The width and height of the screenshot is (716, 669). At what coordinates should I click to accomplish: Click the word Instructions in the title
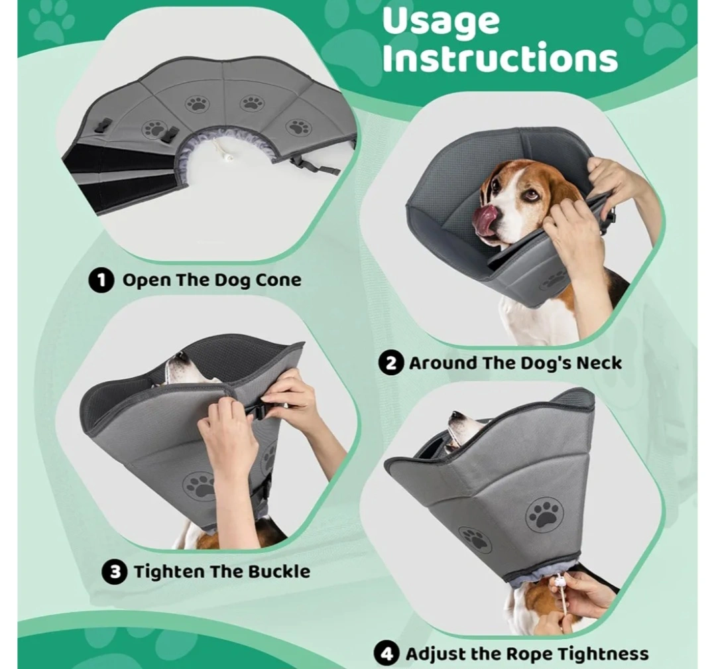500,58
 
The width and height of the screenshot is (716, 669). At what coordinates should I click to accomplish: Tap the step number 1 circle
101,280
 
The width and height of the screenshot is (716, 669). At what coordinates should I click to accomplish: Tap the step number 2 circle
391,363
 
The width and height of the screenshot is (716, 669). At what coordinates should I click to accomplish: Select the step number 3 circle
114,572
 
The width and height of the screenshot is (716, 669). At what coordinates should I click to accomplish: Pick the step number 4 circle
387,654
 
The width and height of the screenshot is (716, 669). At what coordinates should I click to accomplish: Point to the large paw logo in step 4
544,515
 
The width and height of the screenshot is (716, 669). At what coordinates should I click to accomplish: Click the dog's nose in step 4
455,416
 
